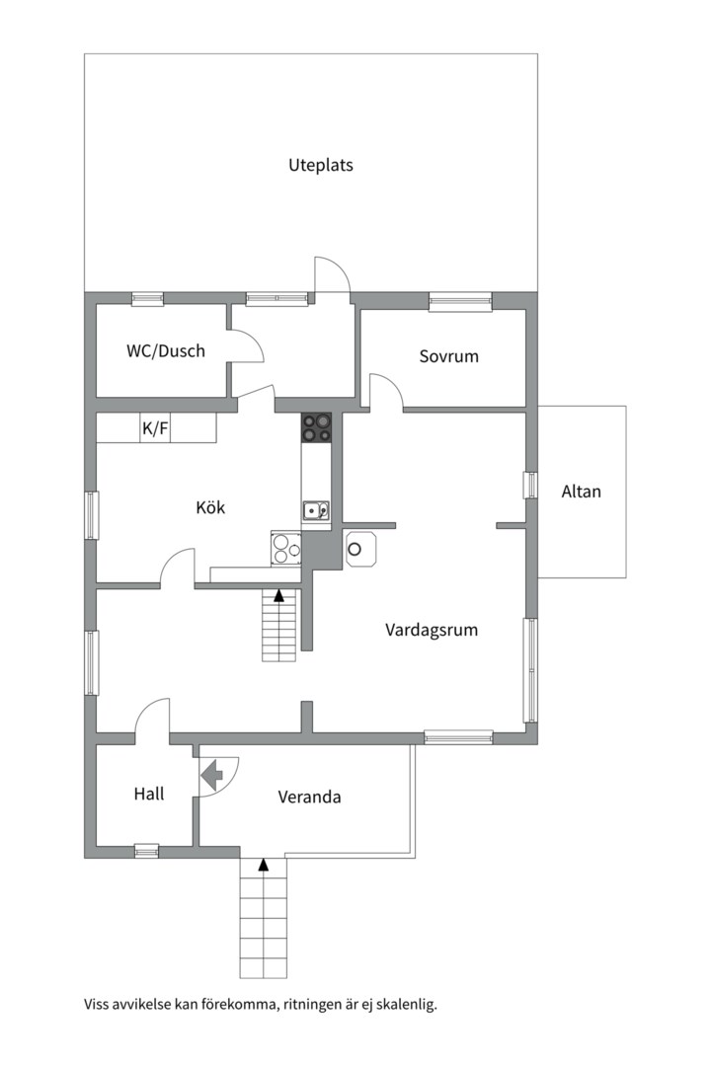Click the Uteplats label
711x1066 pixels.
click(321, 165)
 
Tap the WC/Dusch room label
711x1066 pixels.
click(165, 350)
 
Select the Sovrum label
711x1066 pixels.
click(448, 356)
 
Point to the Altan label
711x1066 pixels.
click(581, 492)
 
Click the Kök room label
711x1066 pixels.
click(210, 507)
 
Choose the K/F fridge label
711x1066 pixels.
click(155, 429)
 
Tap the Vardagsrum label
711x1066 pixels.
click(432, 630)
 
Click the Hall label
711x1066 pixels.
click(149, 794)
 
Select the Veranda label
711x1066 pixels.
click(309, 797)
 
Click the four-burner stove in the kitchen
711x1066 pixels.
click(316, 428)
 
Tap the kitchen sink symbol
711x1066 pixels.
click(316, 510)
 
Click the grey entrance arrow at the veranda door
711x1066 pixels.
click(212, 775)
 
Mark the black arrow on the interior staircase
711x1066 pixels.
click(278, 596)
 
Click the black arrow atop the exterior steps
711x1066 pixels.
click(264, 865)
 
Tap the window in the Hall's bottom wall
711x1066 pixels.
click(146, 851)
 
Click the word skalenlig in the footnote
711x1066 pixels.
click(408, 1004)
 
